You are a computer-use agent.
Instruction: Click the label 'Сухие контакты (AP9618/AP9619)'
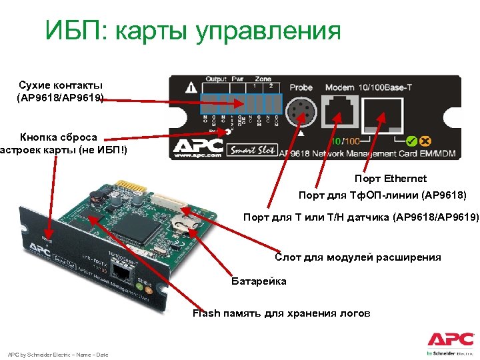[60, 91]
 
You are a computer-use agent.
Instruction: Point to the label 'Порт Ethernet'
[391, 179]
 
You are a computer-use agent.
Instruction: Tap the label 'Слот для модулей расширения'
[357, 257]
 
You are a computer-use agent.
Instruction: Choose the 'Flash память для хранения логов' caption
[281, 313]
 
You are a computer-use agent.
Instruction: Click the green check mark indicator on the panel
[411, 141]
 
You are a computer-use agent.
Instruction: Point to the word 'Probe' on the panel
[301, 87]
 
